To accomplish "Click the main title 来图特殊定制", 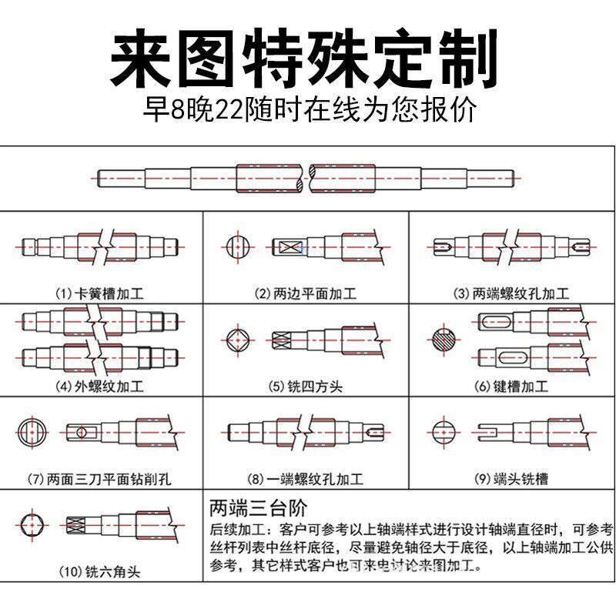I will click(x=307, y=59).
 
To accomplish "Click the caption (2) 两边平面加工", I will click(x=306, y=293).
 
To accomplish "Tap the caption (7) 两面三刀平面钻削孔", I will click(x=100, y=479).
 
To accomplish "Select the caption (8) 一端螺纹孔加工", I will click(x=306, y=479).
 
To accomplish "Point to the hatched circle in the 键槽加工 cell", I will click(x=445, y=340).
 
